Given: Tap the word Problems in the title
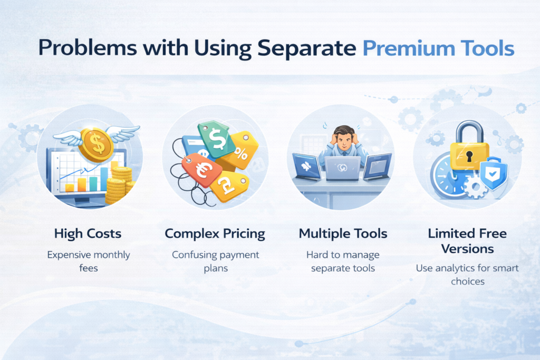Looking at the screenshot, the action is pos(88,47).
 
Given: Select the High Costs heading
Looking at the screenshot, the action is pos(88,233).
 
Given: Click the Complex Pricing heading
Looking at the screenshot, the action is pos(215,233).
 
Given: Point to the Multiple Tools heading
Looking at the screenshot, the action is pos(343,233).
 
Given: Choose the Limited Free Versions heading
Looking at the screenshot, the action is pos(467,241).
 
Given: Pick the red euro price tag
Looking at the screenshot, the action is pos(201,170).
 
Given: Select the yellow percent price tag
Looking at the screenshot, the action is pos(243,150).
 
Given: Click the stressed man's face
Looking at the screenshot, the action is pos(344,141).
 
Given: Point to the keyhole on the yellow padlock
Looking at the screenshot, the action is pos(469,157).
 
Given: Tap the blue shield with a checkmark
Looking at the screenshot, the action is pos(493,174).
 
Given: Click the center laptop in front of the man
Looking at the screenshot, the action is pos(343,168).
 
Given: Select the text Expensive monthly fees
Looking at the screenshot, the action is pos(89,261).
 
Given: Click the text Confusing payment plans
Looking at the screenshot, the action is pos(216,261).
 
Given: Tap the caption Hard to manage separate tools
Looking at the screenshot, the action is pos(343,261).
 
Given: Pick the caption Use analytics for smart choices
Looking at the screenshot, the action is pos(467,275).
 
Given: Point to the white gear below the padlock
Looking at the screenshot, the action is pos(476,187).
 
